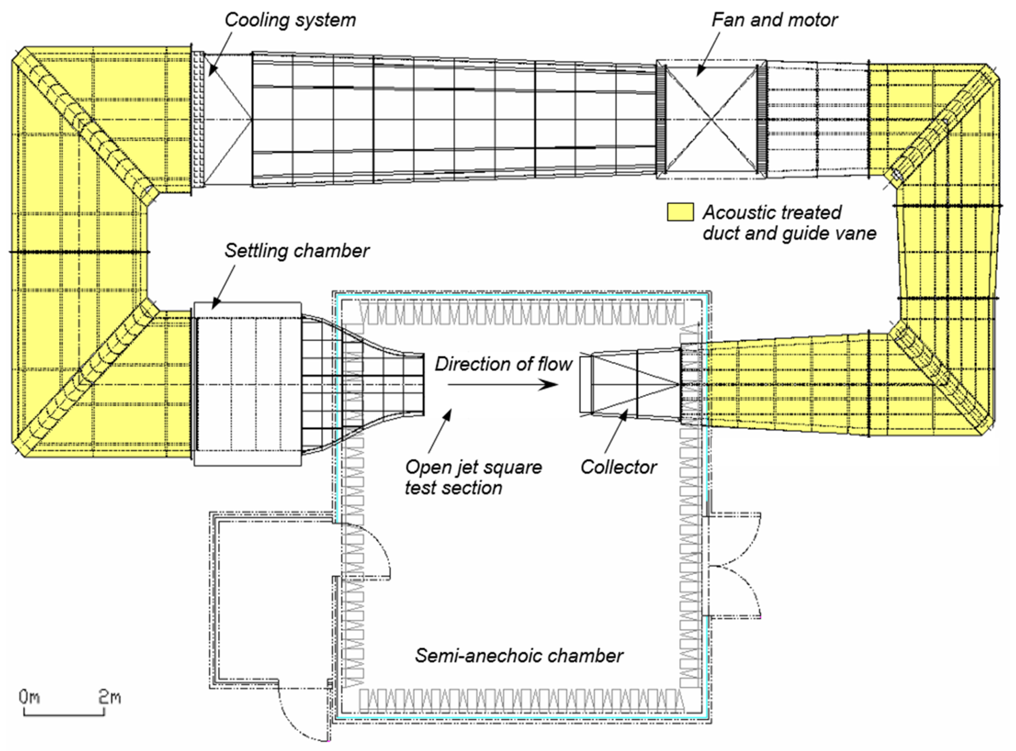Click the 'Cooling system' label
click(x=290, y=20)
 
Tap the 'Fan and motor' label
click(x=774, y=20)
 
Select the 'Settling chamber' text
click(x=297, y=251)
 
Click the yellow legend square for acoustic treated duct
click(x=680, y=212)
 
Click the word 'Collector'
click(x=618, y=467)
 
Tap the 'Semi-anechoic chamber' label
click(x=519, y=655)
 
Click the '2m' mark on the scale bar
click(x=109, y=697)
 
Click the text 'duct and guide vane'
click(x=789, y=234)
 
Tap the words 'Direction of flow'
click(x=503, y=364)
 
